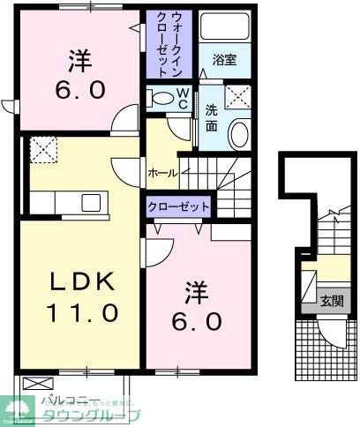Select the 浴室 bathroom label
tap(225, 61)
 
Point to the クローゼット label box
tap(179, 206)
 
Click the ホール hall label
tap(163, 174)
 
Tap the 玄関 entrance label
tap(333, 298)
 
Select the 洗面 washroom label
tap(213, 118)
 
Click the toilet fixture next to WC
tap(161, 100)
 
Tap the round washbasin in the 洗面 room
tap(238, 134)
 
